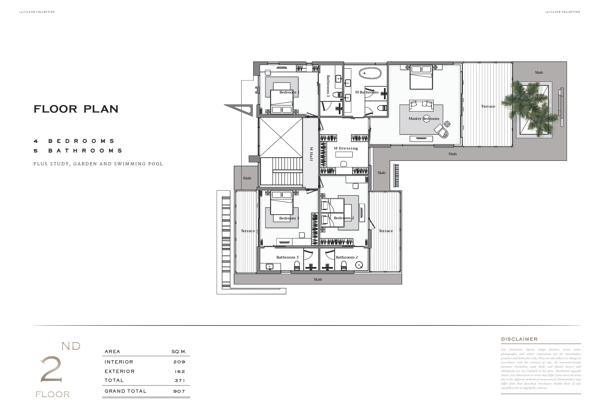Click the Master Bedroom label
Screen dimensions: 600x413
tap(424, 118)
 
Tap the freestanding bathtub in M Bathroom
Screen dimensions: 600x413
tap(370, 73)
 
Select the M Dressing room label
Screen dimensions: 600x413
tap(346, 148)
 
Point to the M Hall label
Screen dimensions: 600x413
tap(311, 154)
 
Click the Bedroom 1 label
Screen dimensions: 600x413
tap(289, 92)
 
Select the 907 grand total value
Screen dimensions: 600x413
tap(179, 391)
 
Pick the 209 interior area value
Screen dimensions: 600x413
tap(179, 362)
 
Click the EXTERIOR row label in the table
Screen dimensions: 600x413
tap(120, 371)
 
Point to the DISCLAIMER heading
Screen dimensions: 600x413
tap(519, 339)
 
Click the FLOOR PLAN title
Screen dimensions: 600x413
tap(76, 109)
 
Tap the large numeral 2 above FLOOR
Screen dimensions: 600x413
tap(51, 369)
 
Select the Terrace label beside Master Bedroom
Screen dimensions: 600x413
tap(488, 106)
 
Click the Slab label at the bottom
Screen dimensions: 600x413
tap(318, 279)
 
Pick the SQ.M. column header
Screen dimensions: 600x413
tap(179, 352)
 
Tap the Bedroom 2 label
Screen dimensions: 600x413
tap(344, 218)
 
